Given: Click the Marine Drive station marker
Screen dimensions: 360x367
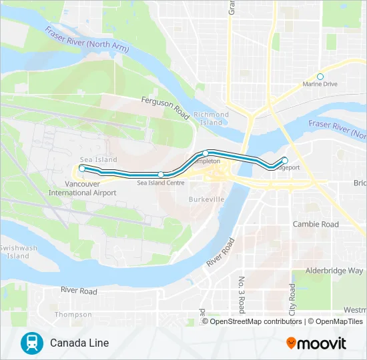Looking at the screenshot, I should tap(320, 77).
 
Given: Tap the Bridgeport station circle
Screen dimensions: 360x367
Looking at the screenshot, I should tap(285, 160).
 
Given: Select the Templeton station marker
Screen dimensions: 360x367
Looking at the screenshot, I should tap(206, 153).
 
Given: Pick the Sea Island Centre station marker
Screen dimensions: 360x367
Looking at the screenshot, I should tap(161, 174).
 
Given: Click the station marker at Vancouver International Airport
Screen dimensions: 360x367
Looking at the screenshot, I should tap(81, 169).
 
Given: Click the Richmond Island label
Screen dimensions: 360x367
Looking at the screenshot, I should tap(211, 119).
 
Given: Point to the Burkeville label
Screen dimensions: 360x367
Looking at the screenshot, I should tap(206, 199).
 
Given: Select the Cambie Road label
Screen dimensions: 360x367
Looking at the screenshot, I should tap(316, 225).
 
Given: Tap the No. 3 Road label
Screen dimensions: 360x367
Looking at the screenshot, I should tap(242, 293).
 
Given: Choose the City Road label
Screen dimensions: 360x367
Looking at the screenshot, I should tap(292, 299).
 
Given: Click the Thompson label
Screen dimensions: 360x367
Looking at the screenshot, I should tap(73, 315).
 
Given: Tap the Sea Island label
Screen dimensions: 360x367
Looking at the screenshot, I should tap(98, 160).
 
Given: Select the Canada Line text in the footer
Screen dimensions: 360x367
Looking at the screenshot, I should tap(79, 343).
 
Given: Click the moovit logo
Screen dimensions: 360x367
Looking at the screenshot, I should tap(316, 343).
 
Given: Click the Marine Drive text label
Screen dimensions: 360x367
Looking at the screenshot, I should tap(320, 85).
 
